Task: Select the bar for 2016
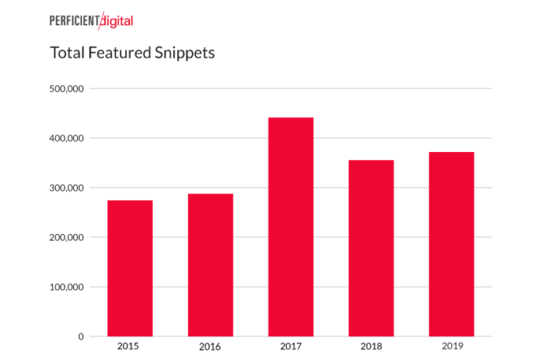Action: pos(211,265)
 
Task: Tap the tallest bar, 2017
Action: pos(290,227)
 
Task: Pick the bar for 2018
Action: pos(371,248)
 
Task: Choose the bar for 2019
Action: pos(451,244)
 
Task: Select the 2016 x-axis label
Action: pos(211,347)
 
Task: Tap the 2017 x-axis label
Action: pos(290,347)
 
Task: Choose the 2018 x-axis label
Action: pos(371,347)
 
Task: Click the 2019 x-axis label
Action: pos(451,346)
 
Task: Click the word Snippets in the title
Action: pos(186,54)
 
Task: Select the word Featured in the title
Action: pos(118,54)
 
